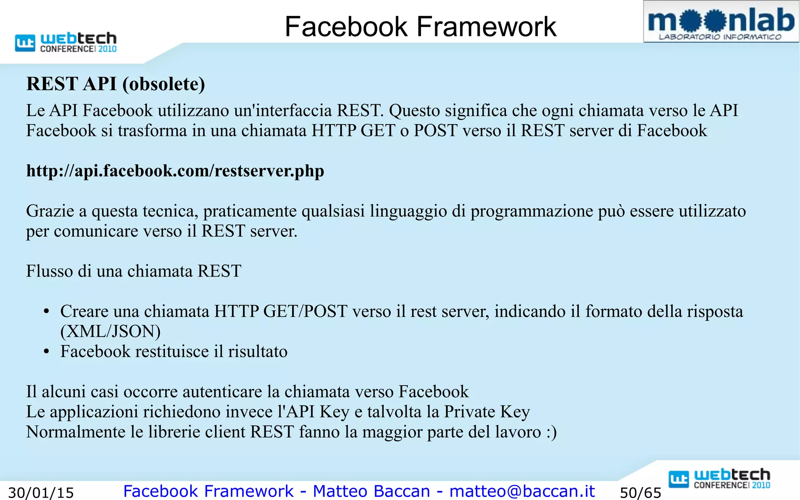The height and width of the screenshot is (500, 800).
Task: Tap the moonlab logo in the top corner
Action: pyautogui.click(x=721, y=22)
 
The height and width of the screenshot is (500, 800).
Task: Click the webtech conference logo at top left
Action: pyautogui.click(x=66, y=42)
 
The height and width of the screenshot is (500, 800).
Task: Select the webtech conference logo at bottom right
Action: pyautogui.click(x=720, y=479)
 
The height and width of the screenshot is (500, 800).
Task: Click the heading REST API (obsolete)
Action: pyautogui.click(x=116, y=84)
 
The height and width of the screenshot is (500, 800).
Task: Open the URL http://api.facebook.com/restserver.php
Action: pyautogui.click(x=175, y=171)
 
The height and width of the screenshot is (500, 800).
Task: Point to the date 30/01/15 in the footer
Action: pyautogui.click(x=41, y=493)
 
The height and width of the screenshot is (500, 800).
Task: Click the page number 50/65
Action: pyautogui.click(x=641, y=493)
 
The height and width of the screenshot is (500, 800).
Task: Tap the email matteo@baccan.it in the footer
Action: pyautogui.click(x=522, y=491)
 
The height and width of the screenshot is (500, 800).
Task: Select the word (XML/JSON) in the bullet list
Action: pyautogui.click(x=111, y=331)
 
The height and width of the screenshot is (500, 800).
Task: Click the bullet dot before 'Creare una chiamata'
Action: pyautogui.click(x=46, y=312)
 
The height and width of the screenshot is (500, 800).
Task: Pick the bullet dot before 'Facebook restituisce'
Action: pyautogui.click(x=46, y=352)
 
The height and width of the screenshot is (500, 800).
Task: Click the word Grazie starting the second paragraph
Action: pyautogui.click(x=50, y=211)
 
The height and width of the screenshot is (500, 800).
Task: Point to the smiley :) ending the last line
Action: pyautogui.click(x=551, y=432)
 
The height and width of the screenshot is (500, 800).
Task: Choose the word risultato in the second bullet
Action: pyautogui.click(x=257, y=352)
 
